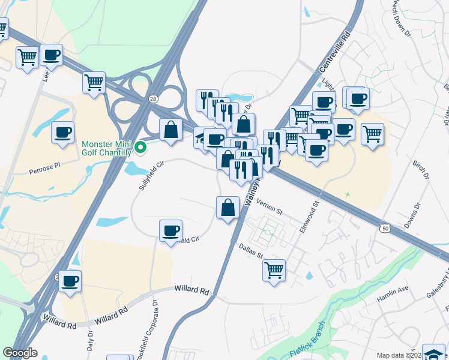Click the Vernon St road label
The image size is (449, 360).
(270, 206)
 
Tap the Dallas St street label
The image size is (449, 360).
(251, 251)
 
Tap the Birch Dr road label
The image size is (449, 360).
(421, 170)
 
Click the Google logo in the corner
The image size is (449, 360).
(20, 353)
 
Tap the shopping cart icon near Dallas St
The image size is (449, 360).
(274, 270)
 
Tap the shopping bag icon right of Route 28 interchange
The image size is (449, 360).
(170, 128)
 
